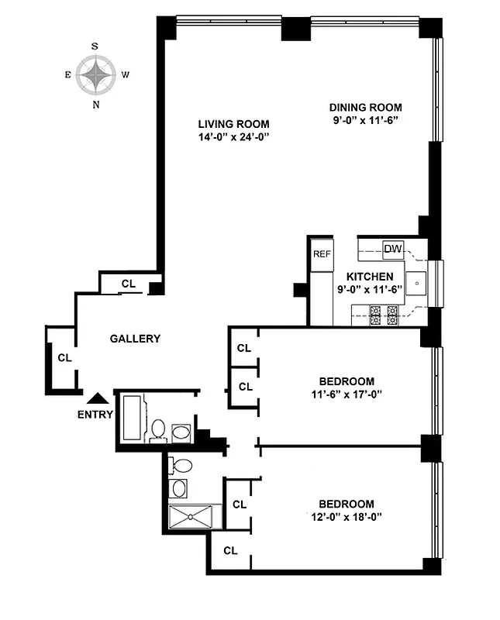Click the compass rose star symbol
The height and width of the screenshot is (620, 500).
[95, 75]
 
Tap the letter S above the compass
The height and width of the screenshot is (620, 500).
[95, 46]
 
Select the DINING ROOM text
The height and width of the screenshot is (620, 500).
[366, 107]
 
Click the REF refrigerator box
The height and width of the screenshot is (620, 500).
[321, 253]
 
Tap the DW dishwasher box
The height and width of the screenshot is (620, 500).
[393, 249]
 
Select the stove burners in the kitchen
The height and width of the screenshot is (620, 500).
[384, 314]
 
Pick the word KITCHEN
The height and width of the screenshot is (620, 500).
[370, 277]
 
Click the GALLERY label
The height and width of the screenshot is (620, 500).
[135, 339]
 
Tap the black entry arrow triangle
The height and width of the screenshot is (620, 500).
[97, 398]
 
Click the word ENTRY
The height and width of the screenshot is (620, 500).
[95, 414]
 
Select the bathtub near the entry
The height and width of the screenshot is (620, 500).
[131, 419]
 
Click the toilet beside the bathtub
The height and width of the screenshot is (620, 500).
[159, 430]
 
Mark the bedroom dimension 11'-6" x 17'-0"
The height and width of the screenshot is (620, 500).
[347, 394]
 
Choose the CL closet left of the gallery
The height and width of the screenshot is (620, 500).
[64, 358]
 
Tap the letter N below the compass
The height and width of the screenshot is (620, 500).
[96, 105]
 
